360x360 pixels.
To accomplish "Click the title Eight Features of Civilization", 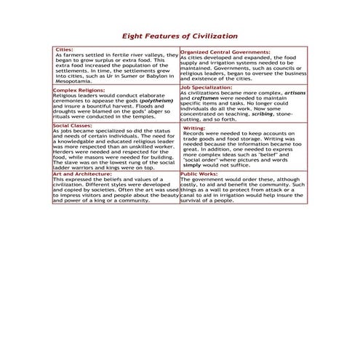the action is tap(179, 35).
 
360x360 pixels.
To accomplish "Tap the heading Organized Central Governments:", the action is tap(225, 52).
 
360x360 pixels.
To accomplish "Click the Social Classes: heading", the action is tap(72, 125).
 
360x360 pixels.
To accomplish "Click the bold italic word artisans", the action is tap(292, 93).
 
